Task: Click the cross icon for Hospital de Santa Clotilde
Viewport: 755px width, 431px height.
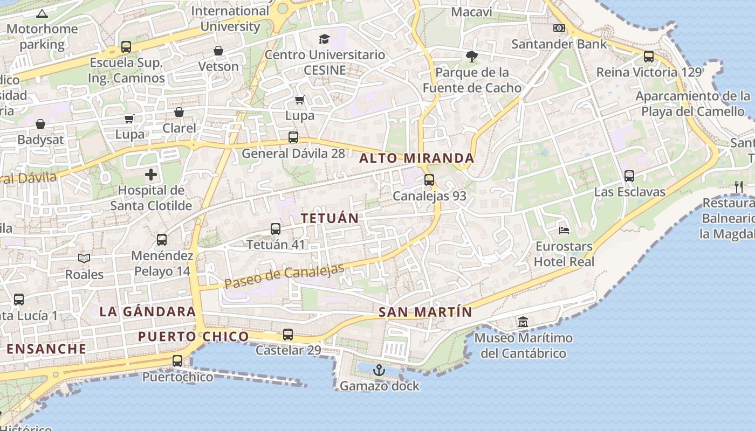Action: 151,175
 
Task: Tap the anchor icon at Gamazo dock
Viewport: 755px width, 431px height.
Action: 379,370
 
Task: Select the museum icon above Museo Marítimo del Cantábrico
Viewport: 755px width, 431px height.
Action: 523,322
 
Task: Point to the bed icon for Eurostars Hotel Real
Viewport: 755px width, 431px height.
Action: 564,231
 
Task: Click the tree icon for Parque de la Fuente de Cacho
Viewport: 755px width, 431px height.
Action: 472,56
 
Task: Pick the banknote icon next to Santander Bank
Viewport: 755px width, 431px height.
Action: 559,28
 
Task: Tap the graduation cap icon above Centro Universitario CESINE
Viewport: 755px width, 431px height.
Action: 324,39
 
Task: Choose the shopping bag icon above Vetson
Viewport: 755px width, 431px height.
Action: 218,51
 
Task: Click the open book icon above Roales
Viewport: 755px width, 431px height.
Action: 84,259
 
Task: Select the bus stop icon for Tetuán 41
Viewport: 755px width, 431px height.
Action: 276,229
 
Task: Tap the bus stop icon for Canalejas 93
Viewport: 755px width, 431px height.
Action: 429,180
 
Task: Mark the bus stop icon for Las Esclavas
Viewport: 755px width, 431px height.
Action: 629,176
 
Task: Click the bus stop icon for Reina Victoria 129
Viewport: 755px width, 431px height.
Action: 649,56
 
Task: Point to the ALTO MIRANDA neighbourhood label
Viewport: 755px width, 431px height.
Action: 417,158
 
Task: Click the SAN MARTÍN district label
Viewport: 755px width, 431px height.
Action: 425,312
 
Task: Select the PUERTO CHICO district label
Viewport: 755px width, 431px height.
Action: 194,337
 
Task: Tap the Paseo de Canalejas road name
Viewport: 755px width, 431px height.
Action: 284,276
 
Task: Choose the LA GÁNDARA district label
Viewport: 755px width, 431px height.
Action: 148,311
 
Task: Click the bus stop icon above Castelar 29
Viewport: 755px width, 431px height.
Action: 288,335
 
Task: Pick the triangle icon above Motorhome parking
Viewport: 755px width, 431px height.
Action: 43,13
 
